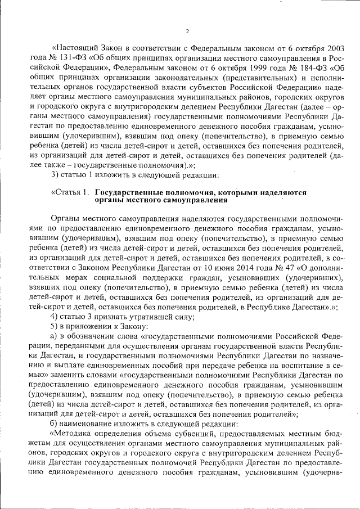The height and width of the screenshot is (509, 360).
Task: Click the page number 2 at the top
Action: [187, 31]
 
